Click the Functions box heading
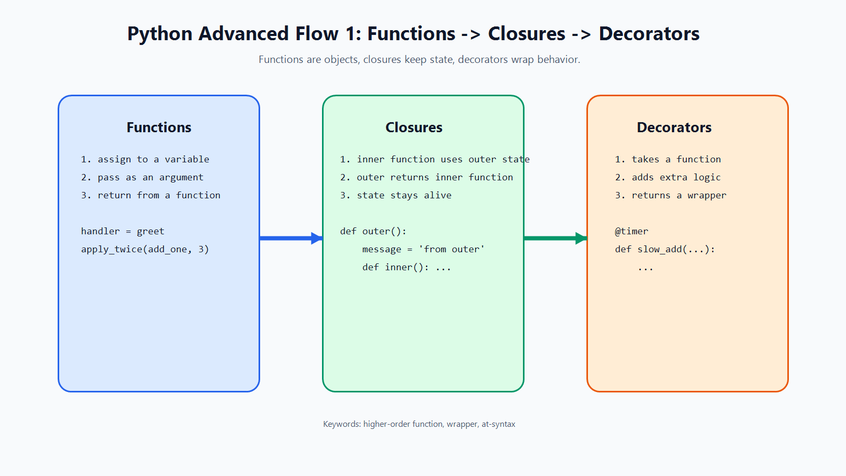159,127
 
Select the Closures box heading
413,127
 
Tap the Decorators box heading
674,127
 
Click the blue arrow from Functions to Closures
291,238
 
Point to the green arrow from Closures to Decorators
556,238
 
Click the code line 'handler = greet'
123,231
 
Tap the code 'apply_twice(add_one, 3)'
145,249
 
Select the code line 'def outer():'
373,231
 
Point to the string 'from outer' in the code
452,249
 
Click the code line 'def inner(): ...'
407,267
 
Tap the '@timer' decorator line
631,231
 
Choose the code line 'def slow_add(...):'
665,249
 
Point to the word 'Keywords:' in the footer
342,424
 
